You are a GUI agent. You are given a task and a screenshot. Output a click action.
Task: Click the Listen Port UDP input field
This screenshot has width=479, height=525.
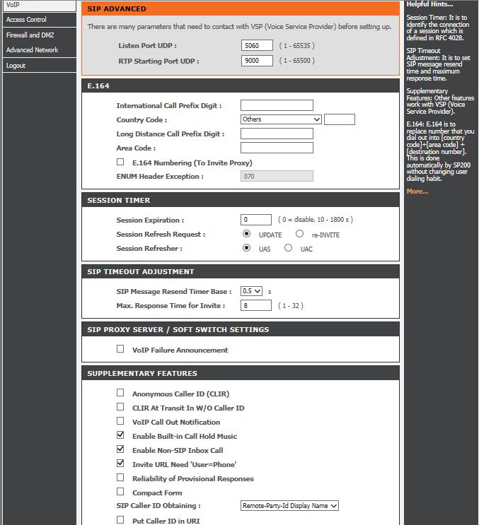(x=257, y=46)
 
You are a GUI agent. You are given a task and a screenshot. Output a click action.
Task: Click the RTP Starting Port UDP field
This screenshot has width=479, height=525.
(x=257, y=61)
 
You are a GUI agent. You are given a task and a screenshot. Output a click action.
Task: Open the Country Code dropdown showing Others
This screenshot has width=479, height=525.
(x=281, y=119)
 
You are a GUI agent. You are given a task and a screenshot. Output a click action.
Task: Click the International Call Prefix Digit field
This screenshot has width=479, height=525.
(x=277, y=105)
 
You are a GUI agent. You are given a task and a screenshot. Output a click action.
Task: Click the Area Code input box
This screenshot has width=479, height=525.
(x=277, y=148)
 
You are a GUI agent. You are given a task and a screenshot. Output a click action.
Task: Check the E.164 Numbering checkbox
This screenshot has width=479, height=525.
(x=120, y=162)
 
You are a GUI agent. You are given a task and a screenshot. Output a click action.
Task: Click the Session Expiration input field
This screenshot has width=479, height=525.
(x=256, y=220)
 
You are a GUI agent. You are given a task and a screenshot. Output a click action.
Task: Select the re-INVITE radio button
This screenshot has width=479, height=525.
(x=300, y=234)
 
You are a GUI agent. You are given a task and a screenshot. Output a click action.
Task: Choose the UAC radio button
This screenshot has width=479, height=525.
(x=288, y=248)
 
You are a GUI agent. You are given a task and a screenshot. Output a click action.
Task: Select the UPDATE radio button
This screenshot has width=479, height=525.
(x=246, y=234)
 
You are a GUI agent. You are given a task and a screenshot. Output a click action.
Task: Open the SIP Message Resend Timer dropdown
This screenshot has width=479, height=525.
(x=251, y=291)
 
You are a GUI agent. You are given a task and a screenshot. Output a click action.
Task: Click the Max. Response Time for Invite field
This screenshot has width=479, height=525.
(x=256, y=305)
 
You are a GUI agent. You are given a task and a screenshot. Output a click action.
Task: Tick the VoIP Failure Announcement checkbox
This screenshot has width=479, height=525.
(x=120, y=349)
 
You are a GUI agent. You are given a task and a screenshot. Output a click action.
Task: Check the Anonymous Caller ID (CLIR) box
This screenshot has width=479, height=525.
(x=120, y=393)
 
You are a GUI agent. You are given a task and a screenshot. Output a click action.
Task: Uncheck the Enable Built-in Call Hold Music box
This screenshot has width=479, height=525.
(x=120, y=435)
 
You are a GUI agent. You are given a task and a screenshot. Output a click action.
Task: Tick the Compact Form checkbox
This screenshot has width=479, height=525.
(x=120, y=492)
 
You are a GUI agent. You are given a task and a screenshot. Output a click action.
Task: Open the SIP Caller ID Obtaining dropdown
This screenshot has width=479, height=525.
(x=290, y=506)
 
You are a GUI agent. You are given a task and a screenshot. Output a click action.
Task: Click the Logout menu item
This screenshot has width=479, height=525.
(x=16, y=66)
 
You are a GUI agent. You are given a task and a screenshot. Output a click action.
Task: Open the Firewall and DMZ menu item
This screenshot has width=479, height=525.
(x=30, y=35)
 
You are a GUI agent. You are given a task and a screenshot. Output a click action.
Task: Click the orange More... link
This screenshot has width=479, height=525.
(x=417, y=191)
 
